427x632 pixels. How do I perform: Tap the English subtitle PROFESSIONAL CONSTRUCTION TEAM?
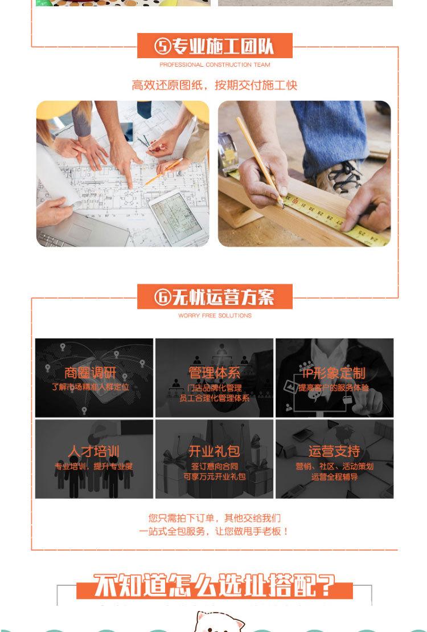(x=215, y=65)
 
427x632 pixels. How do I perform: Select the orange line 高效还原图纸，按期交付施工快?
(x=215, y=85)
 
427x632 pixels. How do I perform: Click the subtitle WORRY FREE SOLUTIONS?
(x=215, y=315)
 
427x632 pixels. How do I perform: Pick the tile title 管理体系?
(x=215, y=373)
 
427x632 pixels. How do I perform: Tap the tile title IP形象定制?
(x=334, y=373)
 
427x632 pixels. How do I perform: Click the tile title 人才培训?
(x=93, y=452)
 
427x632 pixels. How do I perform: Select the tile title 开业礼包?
(x=215, y=452)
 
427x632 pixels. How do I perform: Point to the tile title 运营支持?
(x=334, y=452)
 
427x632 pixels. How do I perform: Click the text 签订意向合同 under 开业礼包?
(x=215, y=466)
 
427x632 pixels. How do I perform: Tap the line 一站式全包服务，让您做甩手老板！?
(x=215, y=531)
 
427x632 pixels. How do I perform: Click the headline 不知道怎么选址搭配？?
(x=215, y=585)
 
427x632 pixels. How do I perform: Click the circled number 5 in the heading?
(x=163, y=46)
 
